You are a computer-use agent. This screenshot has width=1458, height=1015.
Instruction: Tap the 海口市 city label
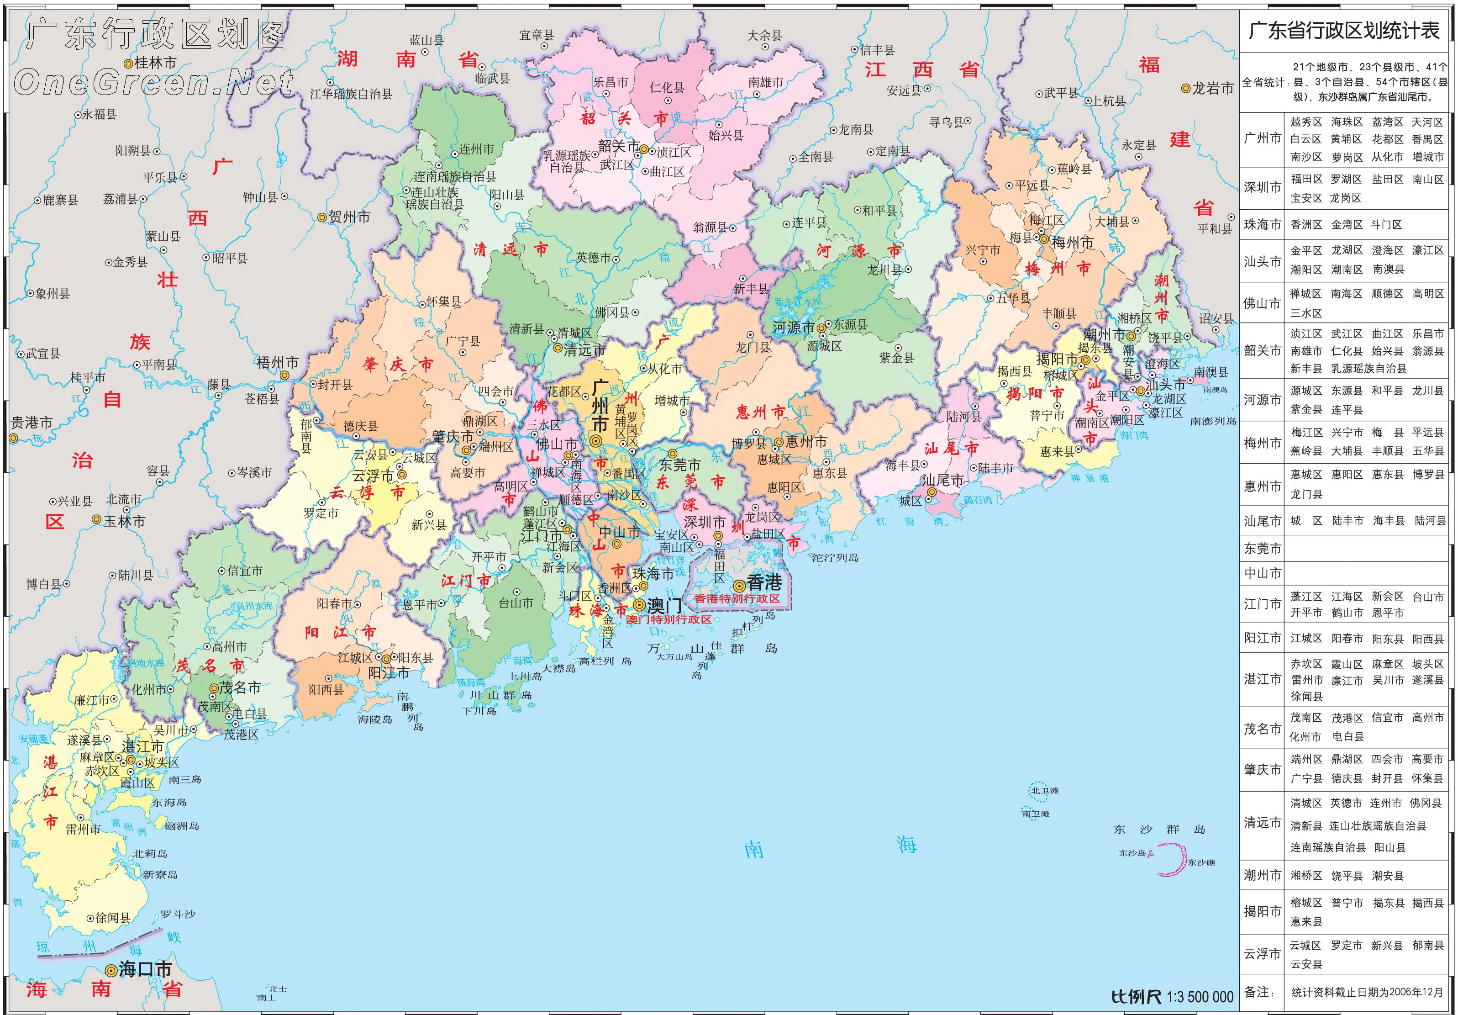[145, 969]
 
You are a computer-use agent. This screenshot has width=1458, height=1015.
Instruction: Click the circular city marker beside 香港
[738, 586]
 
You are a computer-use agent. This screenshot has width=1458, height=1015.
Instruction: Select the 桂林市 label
[155, 63]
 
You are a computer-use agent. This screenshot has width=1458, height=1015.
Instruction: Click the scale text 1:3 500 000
[1200, 996]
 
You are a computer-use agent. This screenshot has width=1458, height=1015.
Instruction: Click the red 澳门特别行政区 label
[668, 619]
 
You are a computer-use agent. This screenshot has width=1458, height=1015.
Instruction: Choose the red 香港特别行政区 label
[737, 598]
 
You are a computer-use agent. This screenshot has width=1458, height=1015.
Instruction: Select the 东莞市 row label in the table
[1263, 548]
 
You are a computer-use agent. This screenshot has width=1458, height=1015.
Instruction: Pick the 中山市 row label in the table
[1263, 573]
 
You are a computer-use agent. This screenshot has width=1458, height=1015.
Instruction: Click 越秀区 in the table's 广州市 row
[1305, 122]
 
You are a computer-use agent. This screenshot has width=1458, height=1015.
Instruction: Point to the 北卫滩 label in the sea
[1045, 791]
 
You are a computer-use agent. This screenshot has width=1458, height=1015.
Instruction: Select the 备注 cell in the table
[1259, 992]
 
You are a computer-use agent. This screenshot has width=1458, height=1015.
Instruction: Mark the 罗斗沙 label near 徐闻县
[178, 914]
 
